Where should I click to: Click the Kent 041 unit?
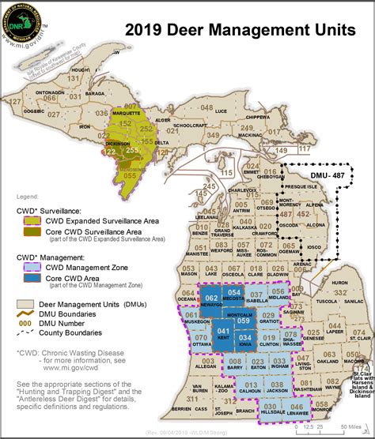tap(223, 334)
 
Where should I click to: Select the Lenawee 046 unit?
tap(297, 411)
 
